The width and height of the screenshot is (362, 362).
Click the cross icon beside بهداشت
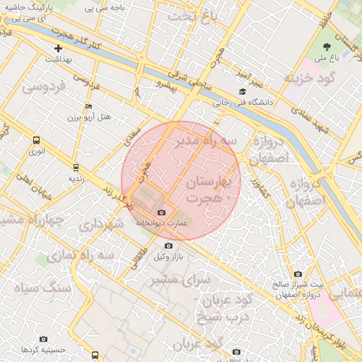[x=58, y=48]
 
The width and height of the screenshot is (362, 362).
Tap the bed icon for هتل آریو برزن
[x=88, y=106]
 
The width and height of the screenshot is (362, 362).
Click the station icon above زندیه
[x=75, y=168]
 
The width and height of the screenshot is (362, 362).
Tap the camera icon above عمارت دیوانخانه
[x=161, y=213]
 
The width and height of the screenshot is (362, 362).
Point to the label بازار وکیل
[x=169, y=257]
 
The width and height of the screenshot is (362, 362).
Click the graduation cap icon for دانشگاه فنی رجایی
[x=243, y=92]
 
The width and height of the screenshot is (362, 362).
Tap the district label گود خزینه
[x=308, y=76]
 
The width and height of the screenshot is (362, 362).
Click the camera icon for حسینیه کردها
[x=44, y=339]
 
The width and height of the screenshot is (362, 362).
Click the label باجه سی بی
[x=106, y=8]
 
